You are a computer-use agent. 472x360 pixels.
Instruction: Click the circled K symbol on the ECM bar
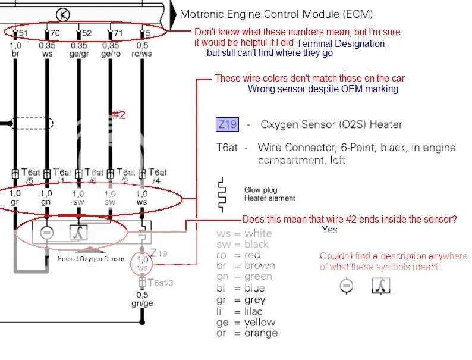click(61, 14)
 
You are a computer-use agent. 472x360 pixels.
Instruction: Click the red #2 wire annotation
click(119, 115)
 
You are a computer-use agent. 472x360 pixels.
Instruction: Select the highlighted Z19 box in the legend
click(226, 124)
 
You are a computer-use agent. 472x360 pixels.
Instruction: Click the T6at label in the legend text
click(228, 148)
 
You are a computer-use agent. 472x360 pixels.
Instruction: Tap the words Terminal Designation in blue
click(341, 43)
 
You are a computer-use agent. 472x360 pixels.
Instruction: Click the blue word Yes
click(330, 230)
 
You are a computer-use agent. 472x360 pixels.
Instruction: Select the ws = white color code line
click(244, 233)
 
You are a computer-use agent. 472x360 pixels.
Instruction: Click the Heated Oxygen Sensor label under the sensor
click(91, 259)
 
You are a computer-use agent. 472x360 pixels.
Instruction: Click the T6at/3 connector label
click(161, 282)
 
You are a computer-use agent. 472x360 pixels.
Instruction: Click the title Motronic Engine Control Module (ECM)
click(276, 14)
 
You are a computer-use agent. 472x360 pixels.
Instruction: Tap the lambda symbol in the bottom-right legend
click(380, 286)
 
